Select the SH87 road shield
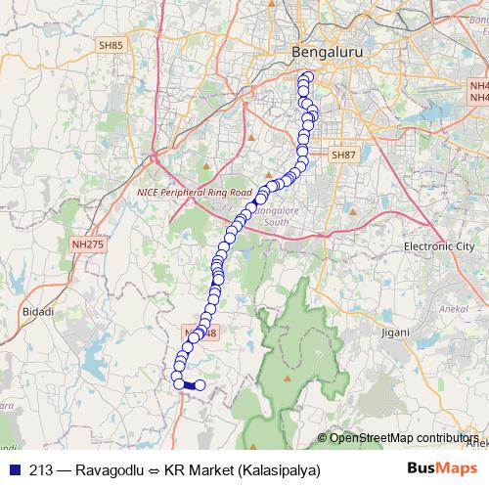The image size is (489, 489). click(343, 155)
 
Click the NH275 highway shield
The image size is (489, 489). click(87, 244)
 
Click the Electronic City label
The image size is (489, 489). click(439, 247)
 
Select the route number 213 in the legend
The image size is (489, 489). click(41, 469)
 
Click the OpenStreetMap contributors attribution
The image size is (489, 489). click(401, 437)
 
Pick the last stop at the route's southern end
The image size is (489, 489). click(200, 385)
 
